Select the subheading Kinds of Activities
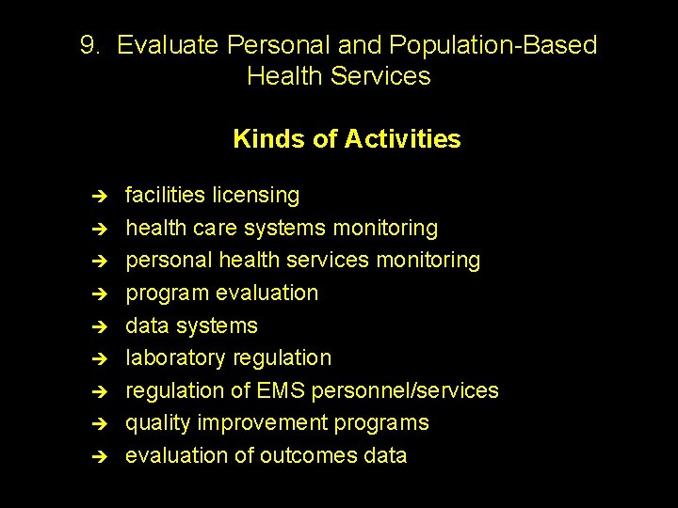click(347, 139)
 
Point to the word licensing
click(255, 195)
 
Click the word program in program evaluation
click(168, 294)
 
